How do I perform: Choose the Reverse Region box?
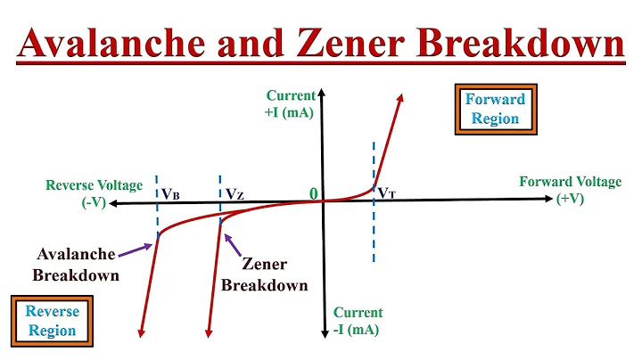52,321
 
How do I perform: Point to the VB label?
170,192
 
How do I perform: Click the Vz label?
235,192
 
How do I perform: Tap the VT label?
387,192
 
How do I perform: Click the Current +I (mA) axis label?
291,104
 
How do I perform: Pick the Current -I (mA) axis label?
358,321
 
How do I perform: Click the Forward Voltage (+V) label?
571,190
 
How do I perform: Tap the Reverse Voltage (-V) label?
95,193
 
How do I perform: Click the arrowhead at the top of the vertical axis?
323,94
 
